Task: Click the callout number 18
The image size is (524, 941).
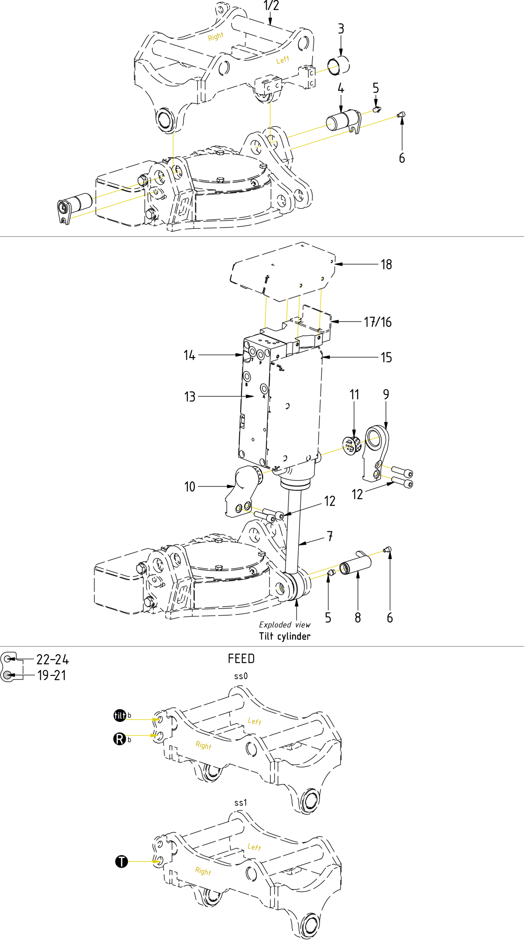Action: tap(386, 265)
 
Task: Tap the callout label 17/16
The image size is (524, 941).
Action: tap(378, 322)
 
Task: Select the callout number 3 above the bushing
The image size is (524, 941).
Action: tap(341, 29)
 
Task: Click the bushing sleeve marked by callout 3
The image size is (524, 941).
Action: tap(339, 65)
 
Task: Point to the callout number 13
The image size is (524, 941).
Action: tap(190, 397)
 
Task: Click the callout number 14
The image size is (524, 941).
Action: tap(189, 355)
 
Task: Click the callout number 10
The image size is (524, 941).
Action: tap(190, 487)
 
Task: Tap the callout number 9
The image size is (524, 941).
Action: tap(386, 395)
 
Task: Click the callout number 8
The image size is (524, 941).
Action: tap(358, 618)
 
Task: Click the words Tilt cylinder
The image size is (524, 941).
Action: tap(285, 636)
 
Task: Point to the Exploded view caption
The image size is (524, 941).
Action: tap(285, 625)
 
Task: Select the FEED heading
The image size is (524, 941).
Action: tap(241, 658)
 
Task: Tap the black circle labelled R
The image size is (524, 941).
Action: tap(119, 739)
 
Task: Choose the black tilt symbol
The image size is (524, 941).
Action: tap(120, 715)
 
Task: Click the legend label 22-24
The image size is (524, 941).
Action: tap(52, 660)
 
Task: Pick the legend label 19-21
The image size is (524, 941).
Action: tap(52, 676)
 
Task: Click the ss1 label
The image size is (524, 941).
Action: tap(241, 803)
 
